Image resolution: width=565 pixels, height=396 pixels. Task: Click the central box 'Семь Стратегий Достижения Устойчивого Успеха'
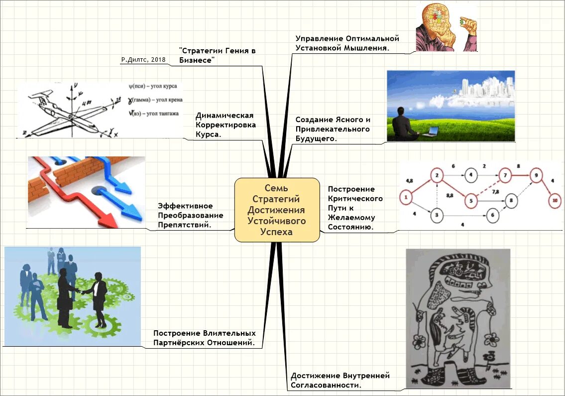[x=277, y=210]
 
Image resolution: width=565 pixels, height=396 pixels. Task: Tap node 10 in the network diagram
[x=554, y=201]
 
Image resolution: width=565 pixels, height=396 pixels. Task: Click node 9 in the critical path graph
[x=536, y=175]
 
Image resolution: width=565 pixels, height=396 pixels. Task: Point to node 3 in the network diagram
[x=436, y=215]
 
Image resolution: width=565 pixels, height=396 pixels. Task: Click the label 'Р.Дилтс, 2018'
[x=143, y=60]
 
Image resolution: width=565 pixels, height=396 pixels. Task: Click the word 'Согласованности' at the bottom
[x=326, y=385]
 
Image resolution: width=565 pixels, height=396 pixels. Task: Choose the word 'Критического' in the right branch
[x=355, y=199]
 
